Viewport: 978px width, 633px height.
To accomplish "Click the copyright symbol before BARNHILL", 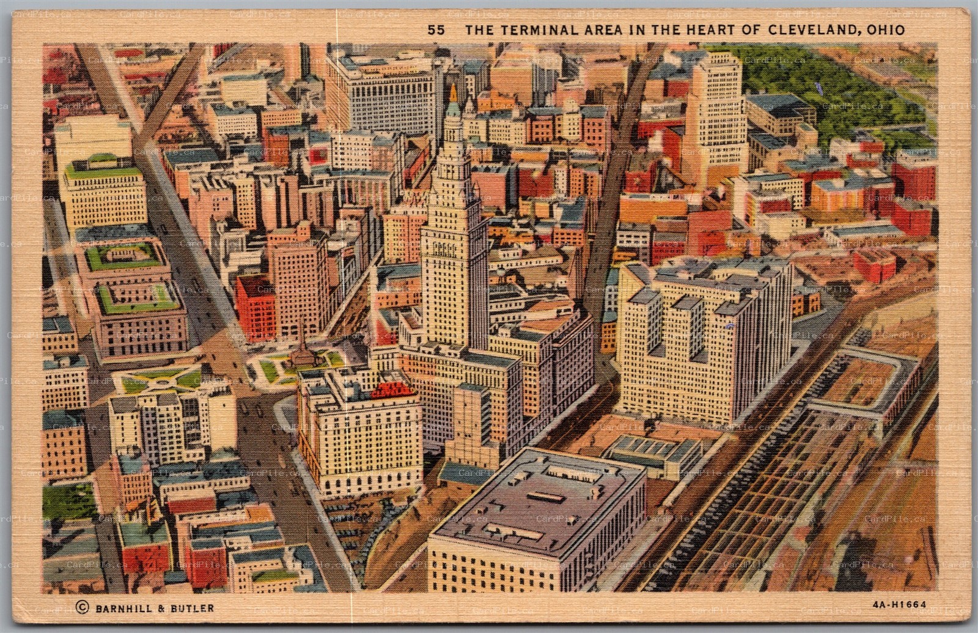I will (81, 607).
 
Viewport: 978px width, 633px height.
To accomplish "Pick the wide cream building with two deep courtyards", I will (703, 336).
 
